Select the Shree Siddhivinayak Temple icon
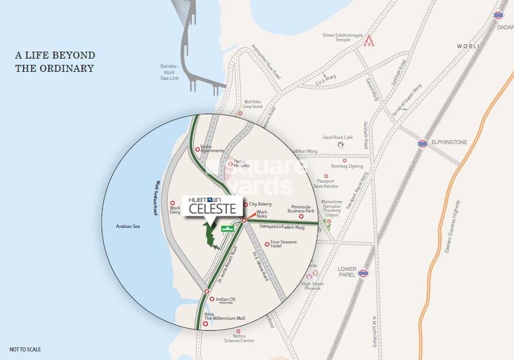point(370,41)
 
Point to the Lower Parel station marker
point(362,273)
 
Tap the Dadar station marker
point(498,15)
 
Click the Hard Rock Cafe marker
point(340,145)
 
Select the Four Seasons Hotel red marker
point(267,244)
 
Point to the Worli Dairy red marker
point(172,203)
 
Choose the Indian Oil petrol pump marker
point(211,299)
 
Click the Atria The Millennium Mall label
point(225,316)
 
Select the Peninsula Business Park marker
point(301,216)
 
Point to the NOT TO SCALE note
point(25,349)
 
